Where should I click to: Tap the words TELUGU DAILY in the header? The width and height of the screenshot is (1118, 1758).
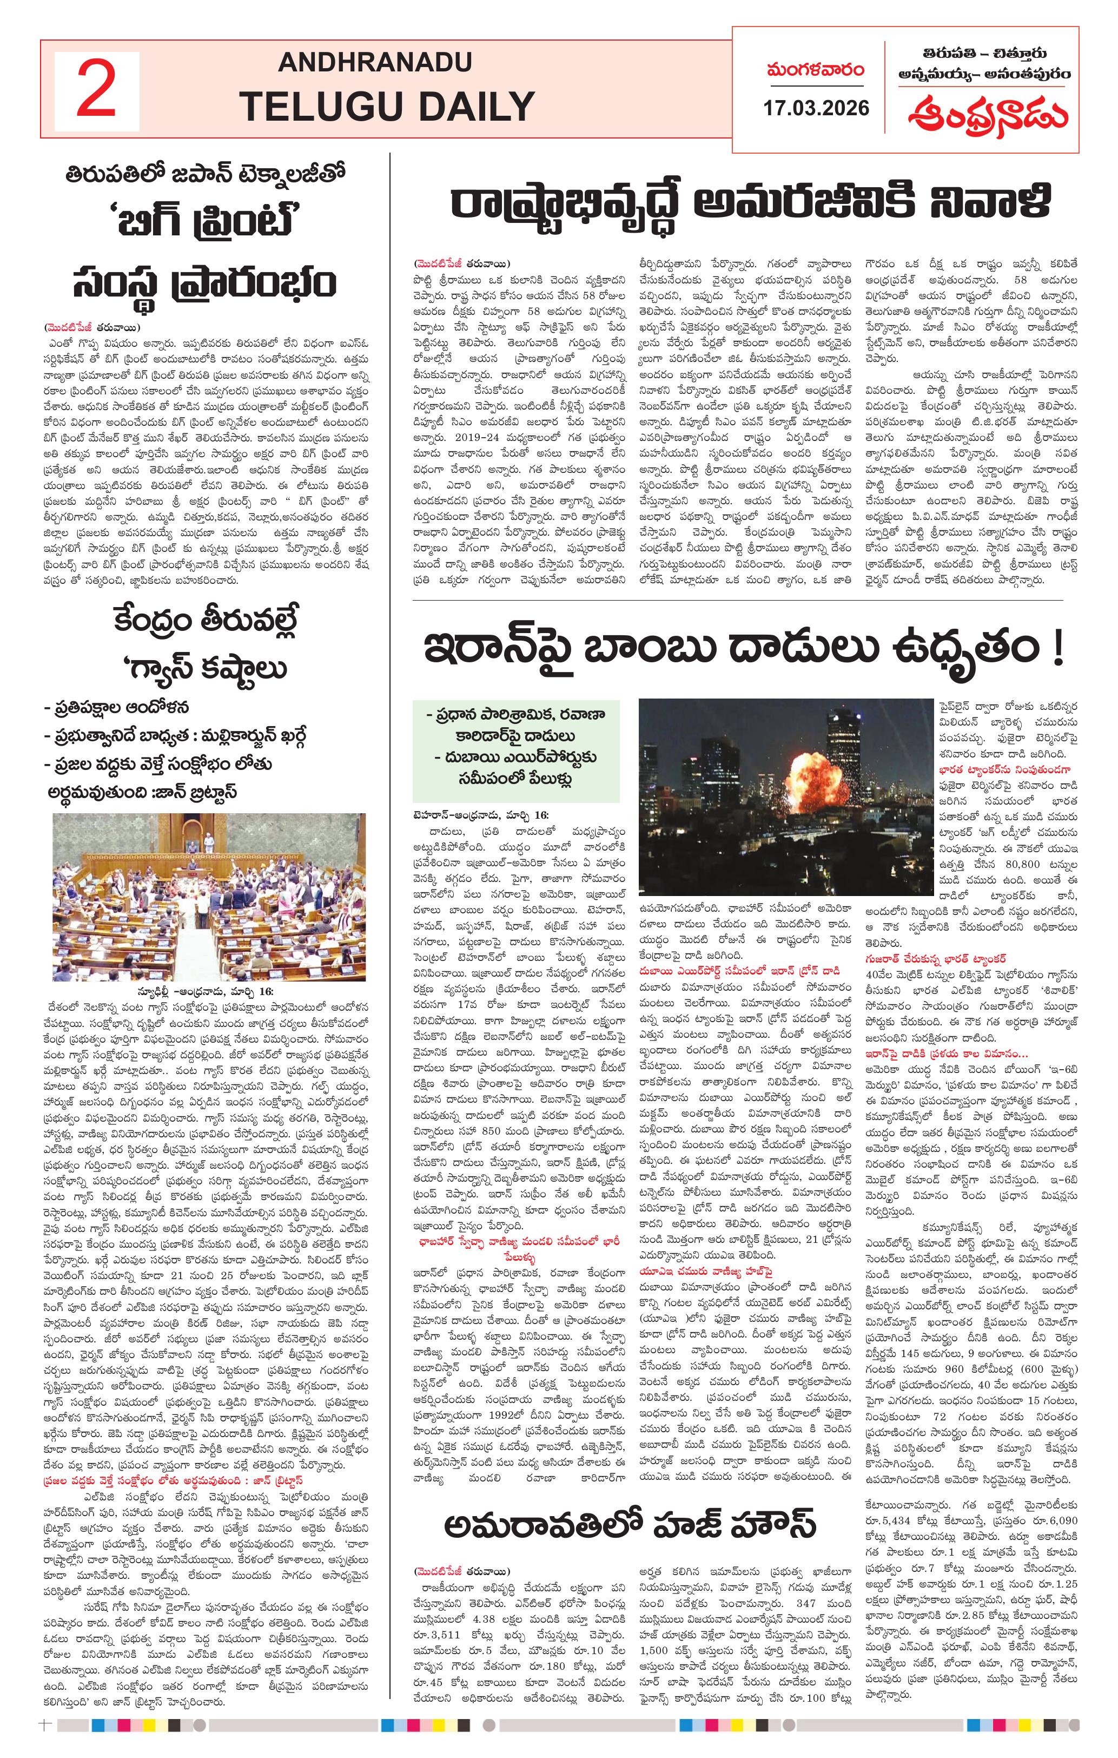(x=387, y=107)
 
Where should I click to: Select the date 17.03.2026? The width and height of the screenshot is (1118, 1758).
(x=816, y=108)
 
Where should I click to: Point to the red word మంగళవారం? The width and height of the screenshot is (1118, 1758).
(x=815, y=70)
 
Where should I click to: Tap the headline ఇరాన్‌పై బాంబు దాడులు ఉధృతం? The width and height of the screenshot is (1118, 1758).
(x=743, y=649)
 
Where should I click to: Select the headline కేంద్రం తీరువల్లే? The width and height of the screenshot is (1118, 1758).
(x=205, y=621)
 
